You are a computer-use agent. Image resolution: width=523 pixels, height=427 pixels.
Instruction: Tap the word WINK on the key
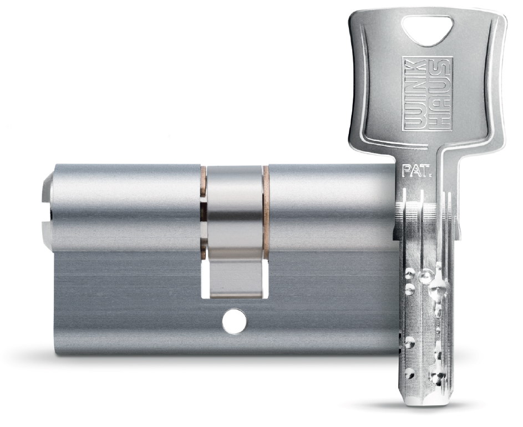(415, 94)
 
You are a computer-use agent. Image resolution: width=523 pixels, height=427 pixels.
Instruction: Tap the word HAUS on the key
(440, 94)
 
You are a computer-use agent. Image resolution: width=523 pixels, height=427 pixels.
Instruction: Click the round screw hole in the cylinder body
(235, 321)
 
